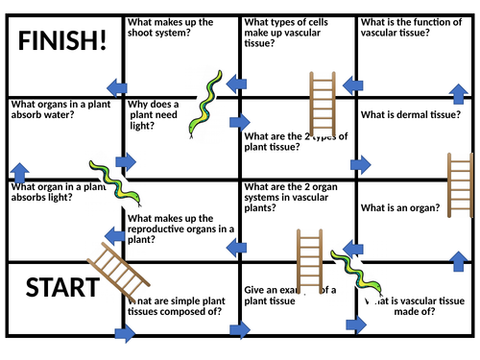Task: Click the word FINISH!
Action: pyautogui.click(x=62, y=44)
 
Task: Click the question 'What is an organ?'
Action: pyautogui.click(x=400, y=207)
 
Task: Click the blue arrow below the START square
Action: pyautogui.click(x=124, y=335)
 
